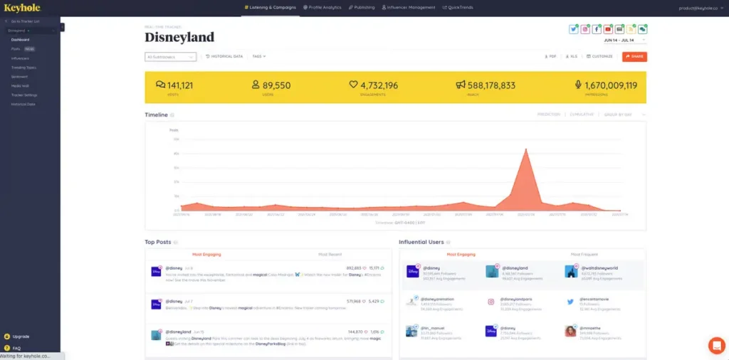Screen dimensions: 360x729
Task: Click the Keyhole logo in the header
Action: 23,7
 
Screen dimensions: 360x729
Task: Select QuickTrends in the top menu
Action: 458,7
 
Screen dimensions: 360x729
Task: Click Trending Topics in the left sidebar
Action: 23,68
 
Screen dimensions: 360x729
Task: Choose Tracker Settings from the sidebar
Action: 24,95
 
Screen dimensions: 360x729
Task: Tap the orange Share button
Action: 634,56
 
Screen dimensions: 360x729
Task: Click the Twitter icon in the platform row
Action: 574,29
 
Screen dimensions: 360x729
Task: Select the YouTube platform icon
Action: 608,29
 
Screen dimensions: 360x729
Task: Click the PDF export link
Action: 550,56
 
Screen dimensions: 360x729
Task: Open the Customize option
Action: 599,56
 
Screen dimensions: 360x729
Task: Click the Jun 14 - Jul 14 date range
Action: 619,41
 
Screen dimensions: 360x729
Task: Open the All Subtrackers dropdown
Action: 170,57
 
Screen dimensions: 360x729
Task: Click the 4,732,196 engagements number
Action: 379,85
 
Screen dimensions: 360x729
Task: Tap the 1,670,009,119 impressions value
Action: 610,85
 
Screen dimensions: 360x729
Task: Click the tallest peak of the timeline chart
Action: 525,150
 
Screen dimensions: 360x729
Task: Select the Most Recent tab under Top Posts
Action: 330,254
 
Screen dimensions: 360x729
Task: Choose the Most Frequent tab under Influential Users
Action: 584,254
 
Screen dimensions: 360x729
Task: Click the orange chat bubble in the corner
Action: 716,345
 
